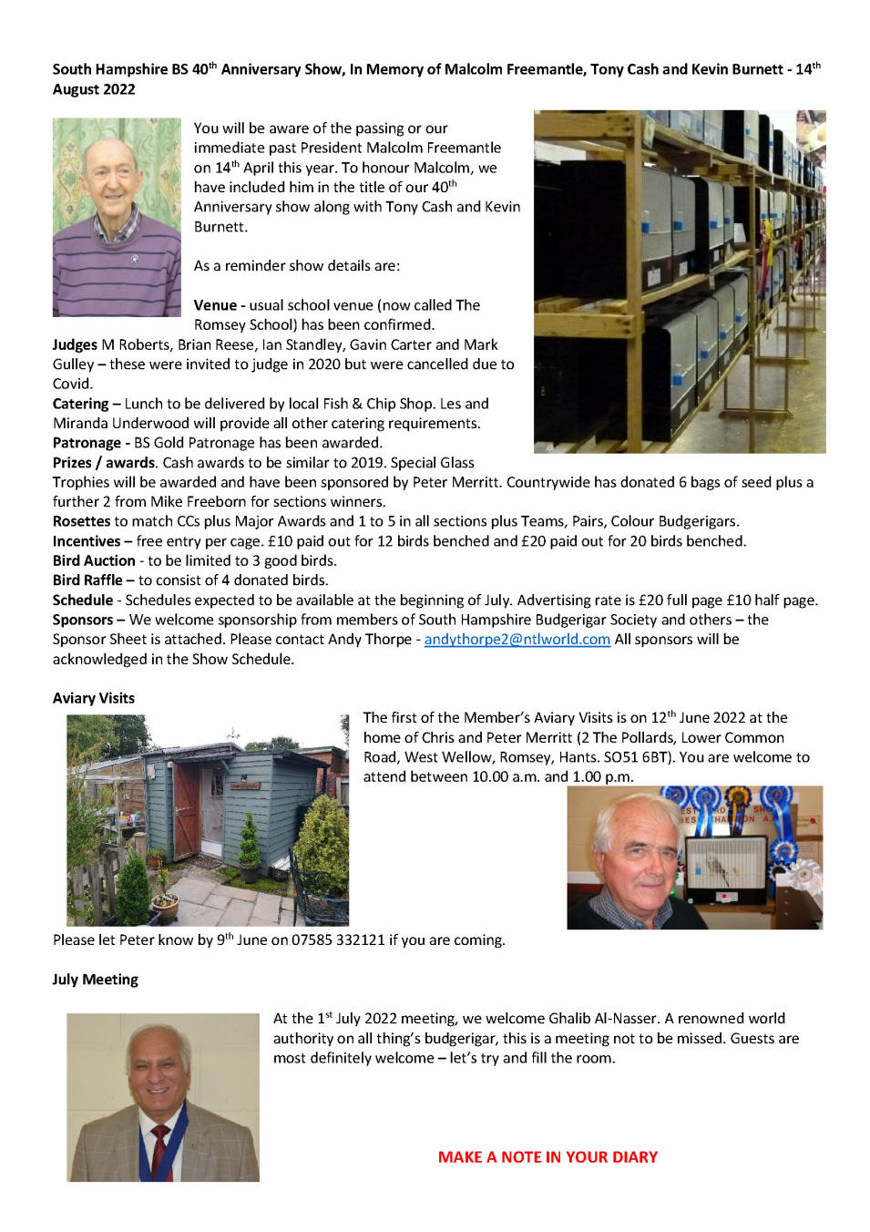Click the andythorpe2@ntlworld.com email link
click(x=517, y=640)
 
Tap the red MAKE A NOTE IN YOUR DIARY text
click(x=548, y=1157)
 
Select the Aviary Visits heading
click(x=94, y=698)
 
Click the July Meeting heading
click(x=96, y=980)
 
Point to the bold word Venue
click(x=215, y=305)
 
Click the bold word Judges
click(x=75, y=344)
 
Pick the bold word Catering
click(x=80, y=404)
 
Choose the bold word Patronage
click(x=87, y=443)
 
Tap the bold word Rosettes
click(x=81, y=521)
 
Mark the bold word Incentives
click(x=87, y=541)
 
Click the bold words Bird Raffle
click(x=87, y=580)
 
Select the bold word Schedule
click(x=83, y=601)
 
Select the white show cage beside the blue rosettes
click(x=726, y=870)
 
